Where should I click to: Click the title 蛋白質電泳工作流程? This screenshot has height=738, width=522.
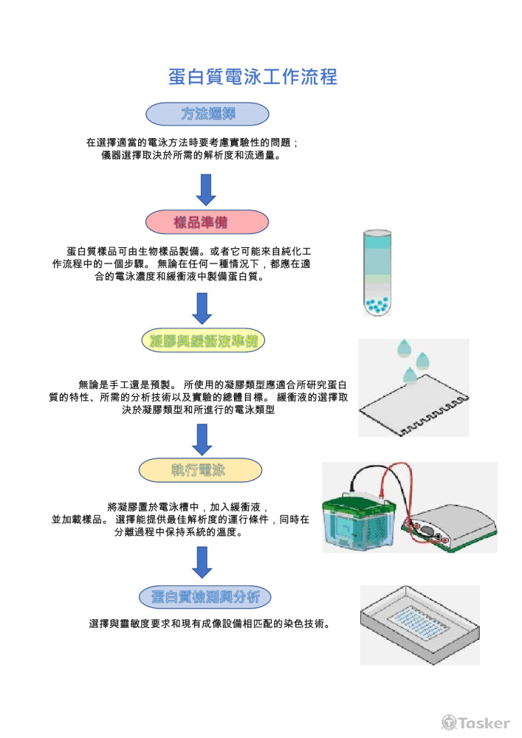pos(253,77)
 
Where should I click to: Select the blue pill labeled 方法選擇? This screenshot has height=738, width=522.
pos(207,114)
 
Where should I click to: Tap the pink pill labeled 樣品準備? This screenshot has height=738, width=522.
pos(207,222)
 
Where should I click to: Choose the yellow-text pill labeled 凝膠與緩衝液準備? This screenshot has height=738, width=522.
pos(202,341)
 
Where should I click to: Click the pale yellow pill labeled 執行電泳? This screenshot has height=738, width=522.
pos(201,469)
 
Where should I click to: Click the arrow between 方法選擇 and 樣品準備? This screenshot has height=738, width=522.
pos(207,189)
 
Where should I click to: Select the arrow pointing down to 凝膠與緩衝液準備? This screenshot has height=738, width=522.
pos(202,308)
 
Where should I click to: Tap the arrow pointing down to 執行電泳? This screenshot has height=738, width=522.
pos(202,439)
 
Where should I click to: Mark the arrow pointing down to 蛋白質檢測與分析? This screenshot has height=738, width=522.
pos(201,562)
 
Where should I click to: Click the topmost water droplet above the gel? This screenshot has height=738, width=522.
pos(403,346)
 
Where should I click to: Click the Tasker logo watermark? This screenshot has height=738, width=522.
pos(475,723)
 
